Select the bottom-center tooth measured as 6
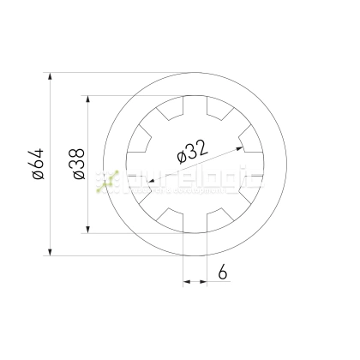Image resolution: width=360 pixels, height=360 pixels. tap(195, 224)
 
